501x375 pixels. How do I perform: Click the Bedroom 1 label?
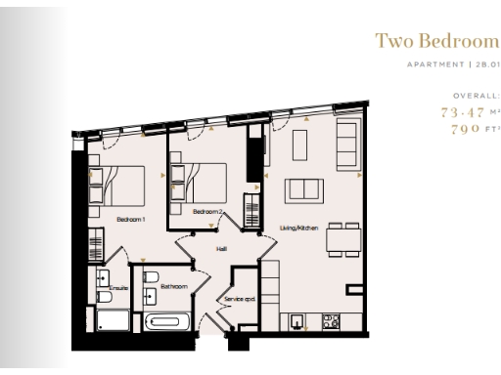130,220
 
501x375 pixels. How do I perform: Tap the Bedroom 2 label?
208,212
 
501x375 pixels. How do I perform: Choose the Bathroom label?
161,288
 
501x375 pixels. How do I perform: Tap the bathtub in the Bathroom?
167,321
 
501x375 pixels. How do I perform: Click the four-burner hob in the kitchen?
331,318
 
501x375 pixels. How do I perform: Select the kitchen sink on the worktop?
297,318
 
